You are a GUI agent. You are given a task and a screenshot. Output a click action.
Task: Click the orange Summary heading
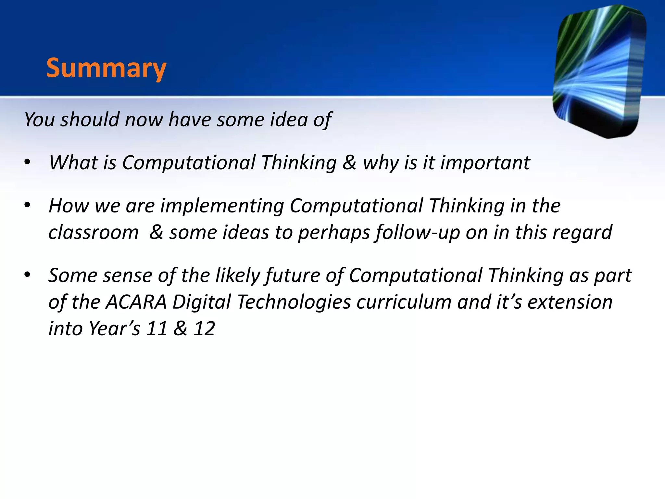click(x=106, y=68)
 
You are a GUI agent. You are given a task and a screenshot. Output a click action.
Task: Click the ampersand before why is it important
click(x=349, y=162)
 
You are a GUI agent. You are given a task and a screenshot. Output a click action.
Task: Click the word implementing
click(x=222, y=206)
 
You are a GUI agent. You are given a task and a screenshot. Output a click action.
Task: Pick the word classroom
click(x=94, y=233)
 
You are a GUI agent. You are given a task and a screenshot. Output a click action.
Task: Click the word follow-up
click(x=417, y=233)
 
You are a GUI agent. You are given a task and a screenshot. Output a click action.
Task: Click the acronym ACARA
click(x=136, y=302)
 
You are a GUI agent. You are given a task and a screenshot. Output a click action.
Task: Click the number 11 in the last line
click(x=157, y=329)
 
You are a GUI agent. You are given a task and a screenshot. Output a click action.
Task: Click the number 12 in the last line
click(x=204, y=329)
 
